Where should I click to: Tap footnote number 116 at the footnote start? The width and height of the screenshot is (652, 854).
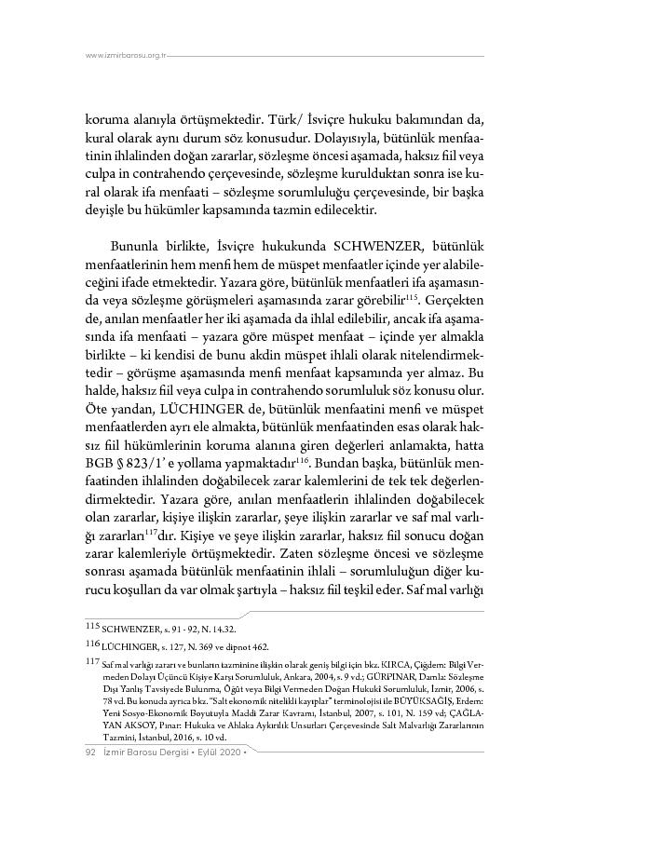coord(78,644)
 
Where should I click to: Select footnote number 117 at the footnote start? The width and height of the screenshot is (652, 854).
coord(78,661)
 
